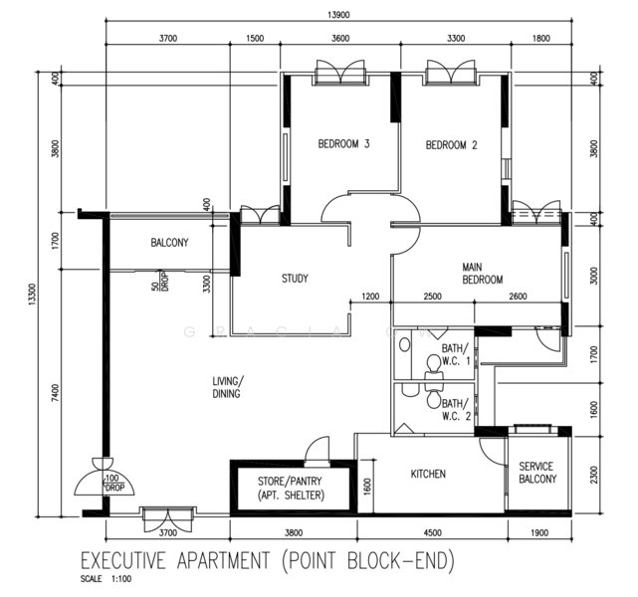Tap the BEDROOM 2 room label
[452, 145]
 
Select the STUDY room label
[295, 279]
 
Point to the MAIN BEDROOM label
[482, 274]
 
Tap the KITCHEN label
[428, 475]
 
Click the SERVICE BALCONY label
[536, 473]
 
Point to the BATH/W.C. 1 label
[454, 354]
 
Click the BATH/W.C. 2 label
[455, 410]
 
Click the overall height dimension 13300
[34, 297]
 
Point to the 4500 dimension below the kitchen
[432, 532]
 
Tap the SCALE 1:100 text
[106, 579]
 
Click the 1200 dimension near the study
[371, 297]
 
